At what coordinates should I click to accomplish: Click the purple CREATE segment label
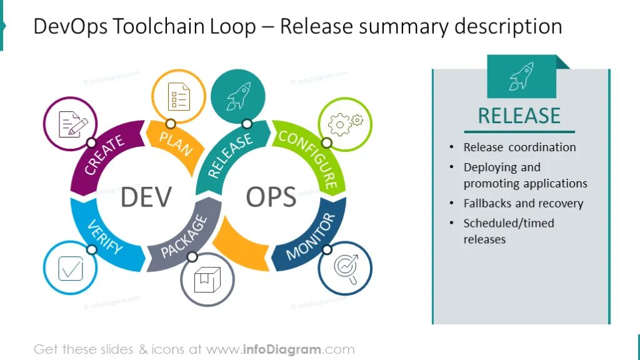(104, 155)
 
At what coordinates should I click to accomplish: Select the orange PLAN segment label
(176, 143)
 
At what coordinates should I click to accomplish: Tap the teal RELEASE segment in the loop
(229, 155)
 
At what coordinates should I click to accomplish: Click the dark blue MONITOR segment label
(311, 236)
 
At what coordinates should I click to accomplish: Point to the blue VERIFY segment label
(104, 237)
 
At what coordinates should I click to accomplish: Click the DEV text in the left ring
(146, 197)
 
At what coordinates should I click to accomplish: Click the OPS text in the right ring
(271, 197)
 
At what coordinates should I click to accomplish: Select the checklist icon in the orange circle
(179, 96)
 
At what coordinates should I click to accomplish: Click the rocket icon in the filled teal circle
(238, 96)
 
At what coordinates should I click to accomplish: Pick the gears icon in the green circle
(345, 124)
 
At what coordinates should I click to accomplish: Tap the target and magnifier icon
(345, 267)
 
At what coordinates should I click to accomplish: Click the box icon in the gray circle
(207, 279)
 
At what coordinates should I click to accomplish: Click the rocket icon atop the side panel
(521, 76)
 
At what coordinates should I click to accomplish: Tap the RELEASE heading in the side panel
(519, 116)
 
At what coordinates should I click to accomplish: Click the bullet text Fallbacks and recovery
(523, 204)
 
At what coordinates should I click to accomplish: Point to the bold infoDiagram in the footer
(281, 349)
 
